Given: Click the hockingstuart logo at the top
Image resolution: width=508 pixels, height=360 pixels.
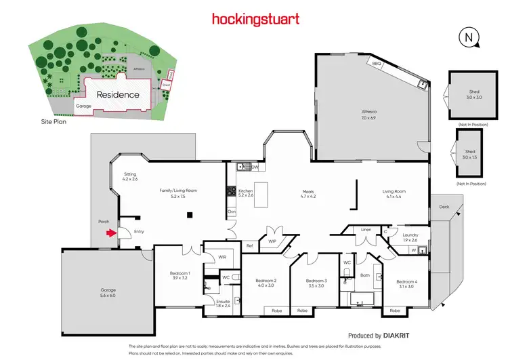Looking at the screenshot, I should tap(255, 19).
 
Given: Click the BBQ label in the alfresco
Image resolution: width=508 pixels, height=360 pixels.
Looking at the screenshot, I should tap(375, 63).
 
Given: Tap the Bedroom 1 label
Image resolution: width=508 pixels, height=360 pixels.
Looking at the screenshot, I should tap(179, 276).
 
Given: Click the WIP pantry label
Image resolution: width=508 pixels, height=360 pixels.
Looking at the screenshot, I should tap(272, 241).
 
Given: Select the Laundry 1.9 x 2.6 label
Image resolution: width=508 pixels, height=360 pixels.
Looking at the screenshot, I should tap(410, 237).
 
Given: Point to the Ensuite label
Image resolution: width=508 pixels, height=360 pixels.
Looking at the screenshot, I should tap(223, 303).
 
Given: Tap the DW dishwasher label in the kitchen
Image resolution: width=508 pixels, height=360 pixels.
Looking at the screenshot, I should tap(255, 167).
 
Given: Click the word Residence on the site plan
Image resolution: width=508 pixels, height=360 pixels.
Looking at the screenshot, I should tap(118, 95).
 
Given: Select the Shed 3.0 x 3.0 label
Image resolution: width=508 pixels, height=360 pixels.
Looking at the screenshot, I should tap(473, 94).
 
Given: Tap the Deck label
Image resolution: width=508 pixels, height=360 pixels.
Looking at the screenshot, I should tap(444, 207).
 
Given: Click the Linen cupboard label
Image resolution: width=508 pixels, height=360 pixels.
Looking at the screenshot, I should tap(366, 229).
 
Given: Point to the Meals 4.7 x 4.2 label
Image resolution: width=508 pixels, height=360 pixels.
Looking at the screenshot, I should tap(308, 194).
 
